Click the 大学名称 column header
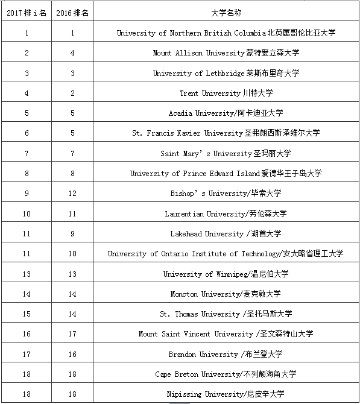pyautogui.click(x=226, y=13)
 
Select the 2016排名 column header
pyautogui.click(x=72, y=13)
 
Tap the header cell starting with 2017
pyautogui.click(x=27, y=13)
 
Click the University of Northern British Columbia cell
pyautogui.click(x=226, y=33)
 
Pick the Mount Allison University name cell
pyautogui.click(x=226, y=53)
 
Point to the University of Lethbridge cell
pyautogui.click(x=226, y=73)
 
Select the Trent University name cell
pyautogui.click(x=226, y=93)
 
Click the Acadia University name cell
pyautogui.click(x=226, y=113)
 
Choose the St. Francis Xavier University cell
pyautogui.click(x=226, y=133)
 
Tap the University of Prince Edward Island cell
pyautogui.click(x=226, y=173)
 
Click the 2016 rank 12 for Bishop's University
pyautogui.click(x=72, y=193)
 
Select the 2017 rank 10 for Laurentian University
pyautogui.click(x=27, y=213)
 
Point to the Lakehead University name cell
pyautogui.click(x=226, y=233)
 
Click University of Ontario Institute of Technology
pyautogui.click(x=226, y=253)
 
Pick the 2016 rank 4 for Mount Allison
pyautogui.click(x=72, y=53)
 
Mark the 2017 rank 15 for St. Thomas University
pyautogui.click(x=27, y=314)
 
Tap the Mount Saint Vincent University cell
pyautogui.click(x=226, y=333)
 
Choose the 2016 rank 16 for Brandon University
pyautogui.click(x=72, y=354)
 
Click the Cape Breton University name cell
pyautogui.click(x=226, y=374)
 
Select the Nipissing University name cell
pyautogui.click(x=226, y=394)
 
